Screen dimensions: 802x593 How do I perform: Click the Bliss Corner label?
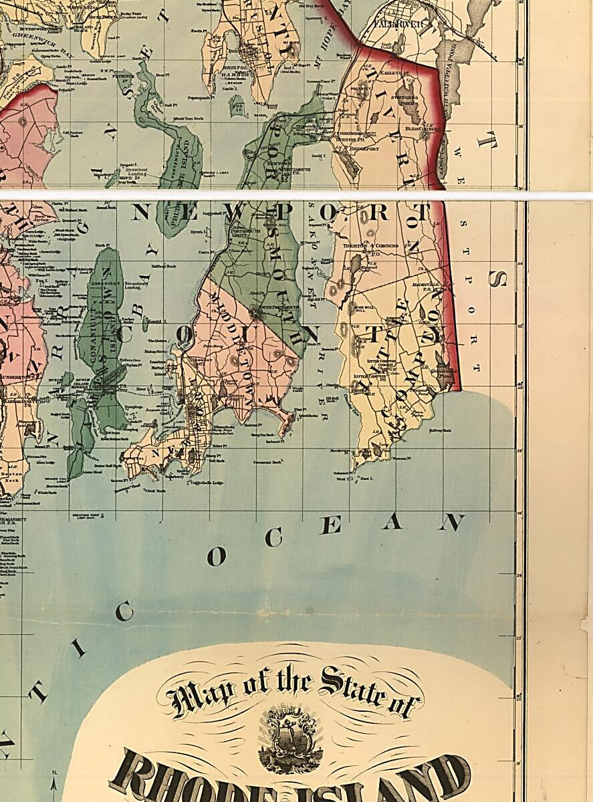click(421, 126)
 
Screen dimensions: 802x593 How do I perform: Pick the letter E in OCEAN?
click(331, 526)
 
